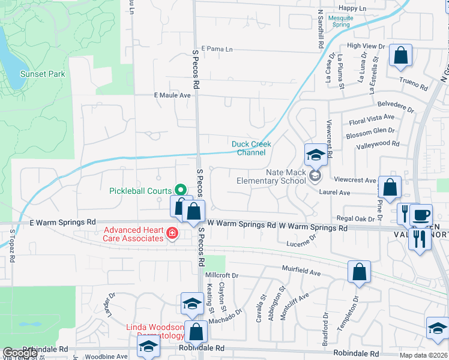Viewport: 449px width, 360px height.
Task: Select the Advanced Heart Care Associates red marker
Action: pos(172,233)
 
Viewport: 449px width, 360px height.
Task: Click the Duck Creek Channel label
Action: pos(252,148)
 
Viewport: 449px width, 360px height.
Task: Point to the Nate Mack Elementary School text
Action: pos(271,176)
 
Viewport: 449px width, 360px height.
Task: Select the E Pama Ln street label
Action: pos(217,49)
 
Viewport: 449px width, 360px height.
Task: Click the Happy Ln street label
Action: pos(352,8)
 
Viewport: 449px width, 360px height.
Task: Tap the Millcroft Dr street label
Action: pos(222,275)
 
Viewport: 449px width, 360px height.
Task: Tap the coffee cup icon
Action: pos(421,214)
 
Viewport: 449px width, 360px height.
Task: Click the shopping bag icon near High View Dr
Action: pos(400,56)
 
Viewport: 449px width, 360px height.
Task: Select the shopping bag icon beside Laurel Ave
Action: pos(390,187)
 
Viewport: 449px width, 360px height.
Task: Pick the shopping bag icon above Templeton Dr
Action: pos(358,272)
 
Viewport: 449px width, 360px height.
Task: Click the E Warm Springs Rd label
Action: pos(62,222)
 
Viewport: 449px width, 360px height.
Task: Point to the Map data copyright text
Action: pos(423,355)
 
